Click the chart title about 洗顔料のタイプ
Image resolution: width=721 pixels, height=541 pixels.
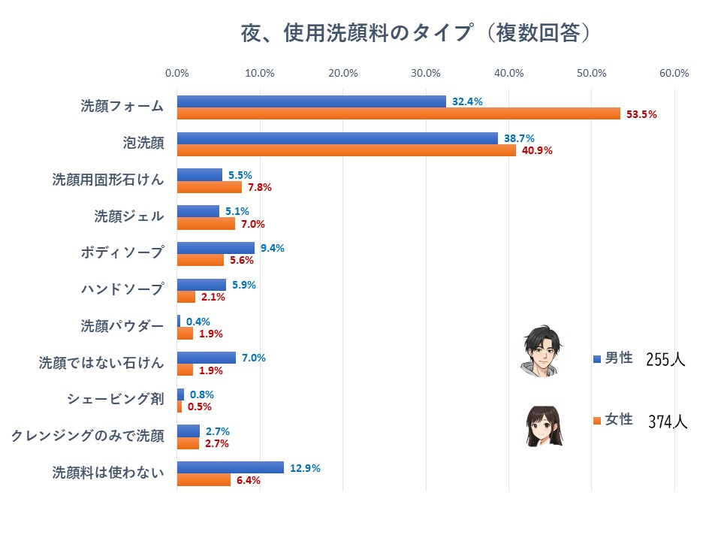click(415, 34)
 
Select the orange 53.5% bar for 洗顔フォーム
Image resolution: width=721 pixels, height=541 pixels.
click(398, 114)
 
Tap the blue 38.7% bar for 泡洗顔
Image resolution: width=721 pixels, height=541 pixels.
click(337, 138)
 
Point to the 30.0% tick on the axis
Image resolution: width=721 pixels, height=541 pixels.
click(426, 73)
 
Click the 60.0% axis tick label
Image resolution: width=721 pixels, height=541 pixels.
click(674, 73)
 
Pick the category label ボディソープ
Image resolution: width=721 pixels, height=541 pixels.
click(122, 252)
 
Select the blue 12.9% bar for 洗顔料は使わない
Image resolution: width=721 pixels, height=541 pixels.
click(230, 467)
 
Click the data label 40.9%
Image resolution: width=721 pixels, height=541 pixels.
click(537, 150)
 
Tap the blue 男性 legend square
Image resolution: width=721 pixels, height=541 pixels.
click(597, 359)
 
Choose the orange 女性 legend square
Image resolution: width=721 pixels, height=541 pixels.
click(597, 421)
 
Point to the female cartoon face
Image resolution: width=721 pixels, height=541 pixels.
click(543, 426)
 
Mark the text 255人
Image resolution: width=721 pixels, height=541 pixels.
click(665, 359)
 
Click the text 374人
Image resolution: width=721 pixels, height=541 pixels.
click(668, 422)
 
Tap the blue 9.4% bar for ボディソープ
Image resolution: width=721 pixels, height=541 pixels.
click(216, 248)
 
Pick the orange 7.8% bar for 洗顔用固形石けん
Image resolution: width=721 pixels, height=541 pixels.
click(209, 187)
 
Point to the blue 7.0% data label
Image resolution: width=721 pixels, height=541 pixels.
click(254, 358)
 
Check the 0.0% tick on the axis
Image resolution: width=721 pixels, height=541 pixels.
click(177, 73)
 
